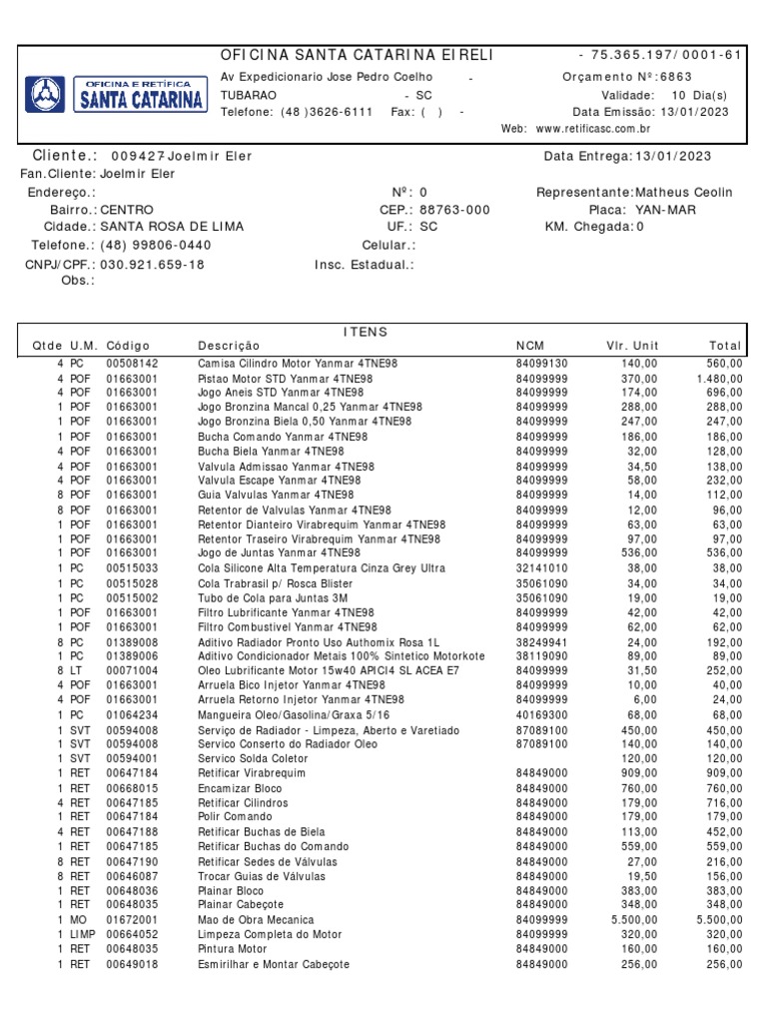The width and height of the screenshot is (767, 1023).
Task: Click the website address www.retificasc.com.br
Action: tap(593, 129)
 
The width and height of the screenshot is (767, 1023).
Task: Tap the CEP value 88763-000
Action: tap(454, 210)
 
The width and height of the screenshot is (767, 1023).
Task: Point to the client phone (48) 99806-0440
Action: tap(156, 245)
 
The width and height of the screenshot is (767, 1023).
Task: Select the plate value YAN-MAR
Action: tap(665, 210)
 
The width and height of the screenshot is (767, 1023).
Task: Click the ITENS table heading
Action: tap(365, 331)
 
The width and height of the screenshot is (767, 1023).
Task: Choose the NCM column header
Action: tap(530, 346)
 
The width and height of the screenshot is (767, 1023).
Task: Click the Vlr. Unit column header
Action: tap(631, 346)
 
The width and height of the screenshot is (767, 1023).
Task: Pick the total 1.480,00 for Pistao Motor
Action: tap(719, 380)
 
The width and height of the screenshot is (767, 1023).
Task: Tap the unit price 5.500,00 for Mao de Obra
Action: tap(634, 920)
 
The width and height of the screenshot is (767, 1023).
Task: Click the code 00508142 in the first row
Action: tap(132, 365)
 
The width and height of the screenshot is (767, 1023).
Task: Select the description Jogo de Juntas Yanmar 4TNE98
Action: tap(279, 552)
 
